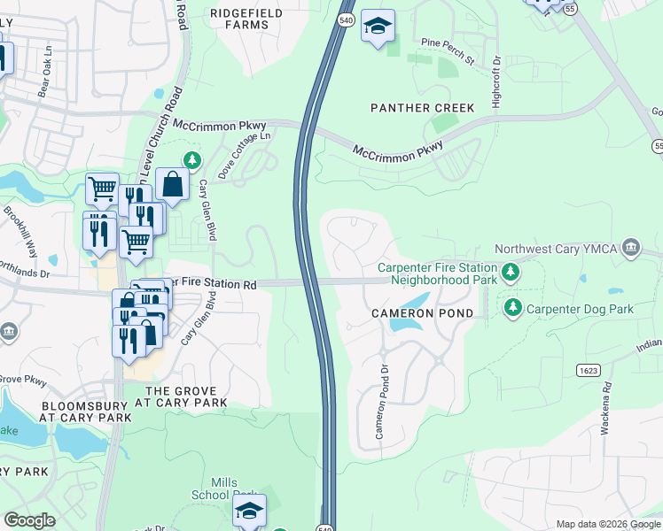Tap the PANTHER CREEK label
tap(422, 108)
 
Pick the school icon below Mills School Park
tap(250, 511)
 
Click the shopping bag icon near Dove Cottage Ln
tap(172, 184)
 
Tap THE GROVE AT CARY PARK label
tap(186, 396)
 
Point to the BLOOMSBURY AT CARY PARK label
tap(86, 412)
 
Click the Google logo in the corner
tap(30, 520)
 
